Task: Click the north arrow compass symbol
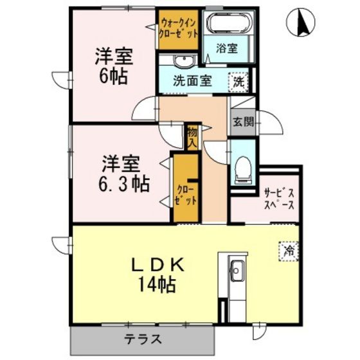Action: click(301, 22)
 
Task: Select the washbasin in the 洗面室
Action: click(184, 61)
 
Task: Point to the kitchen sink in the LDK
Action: click(237, 271)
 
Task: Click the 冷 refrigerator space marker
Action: click(289, 251)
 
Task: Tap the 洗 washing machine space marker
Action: click(239, 82)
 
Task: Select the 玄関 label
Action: click(244, 122)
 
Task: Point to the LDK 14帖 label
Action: click(157, 275)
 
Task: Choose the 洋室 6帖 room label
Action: click(114, 66)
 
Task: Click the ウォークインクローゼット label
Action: click(179, 28)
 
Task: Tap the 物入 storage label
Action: click(192, 138)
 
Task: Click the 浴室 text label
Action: click(226, 48)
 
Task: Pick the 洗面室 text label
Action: click(192, 80)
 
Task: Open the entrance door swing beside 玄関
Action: click(271, 122)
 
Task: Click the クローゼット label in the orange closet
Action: click(186, 195)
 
